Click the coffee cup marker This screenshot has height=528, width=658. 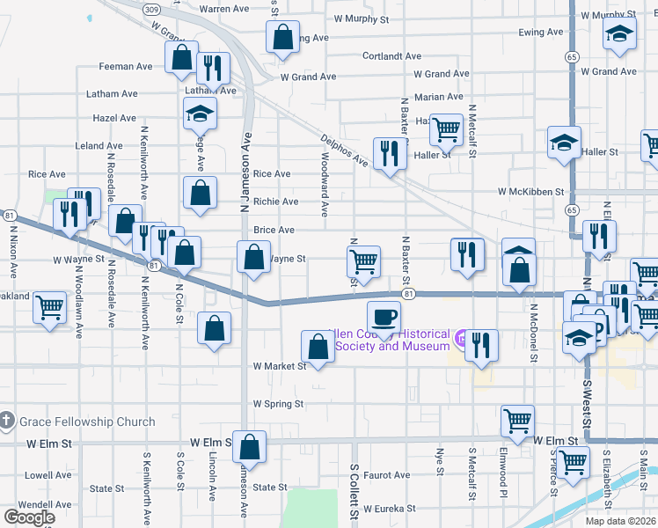click(x=383, y=315)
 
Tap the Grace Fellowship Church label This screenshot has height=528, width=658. click(x=85, y=422)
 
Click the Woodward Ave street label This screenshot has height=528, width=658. click(x=325, y=184)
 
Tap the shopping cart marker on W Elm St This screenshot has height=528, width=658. click(x=517, y=420)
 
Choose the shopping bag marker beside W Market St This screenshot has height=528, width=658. click(x=318, y=345)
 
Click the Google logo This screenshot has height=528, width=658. click(x=30, y=517)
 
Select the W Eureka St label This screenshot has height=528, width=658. click(x=385, y=508)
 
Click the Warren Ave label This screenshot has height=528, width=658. click(x=224, y=9)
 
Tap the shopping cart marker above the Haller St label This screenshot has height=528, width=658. click(x=446, y=129)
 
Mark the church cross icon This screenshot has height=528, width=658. click(x=8, y=422)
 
